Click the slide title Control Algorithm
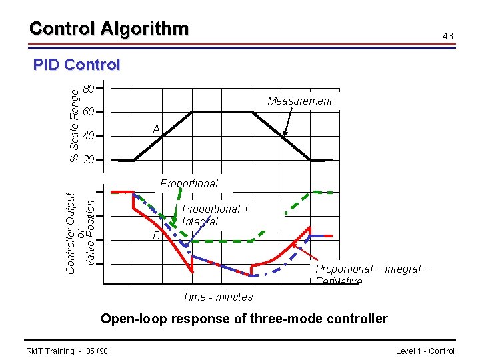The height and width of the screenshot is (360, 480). [109, 29]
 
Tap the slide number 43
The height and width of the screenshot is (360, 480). [448, 35]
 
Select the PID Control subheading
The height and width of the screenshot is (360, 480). [77, 65]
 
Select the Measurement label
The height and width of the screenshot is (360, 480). [299, 101]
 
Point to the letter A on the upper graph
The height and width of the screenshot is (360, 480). [156, 129]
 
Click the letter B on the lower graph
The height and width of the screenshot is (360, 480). [156, 235]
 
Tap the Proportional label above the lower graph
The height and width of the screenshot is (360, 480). [189, 183]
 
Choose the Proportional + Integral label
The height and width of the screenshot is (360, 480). [215, 215]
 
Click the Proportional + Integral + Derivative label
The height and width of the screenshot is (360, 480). [372, 275]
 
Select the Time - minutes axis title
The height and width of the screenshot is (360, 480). [217, 297]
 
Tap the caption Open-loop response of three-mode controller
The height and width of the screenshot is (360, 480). [243, 319]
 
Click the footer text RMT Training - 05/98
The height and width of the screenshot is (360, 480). [67, 351]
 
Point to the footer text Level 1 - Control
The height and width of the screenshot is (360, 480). [425, 351]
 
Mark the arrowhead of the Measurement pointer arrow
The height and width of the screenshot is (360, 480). [283, 135]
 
